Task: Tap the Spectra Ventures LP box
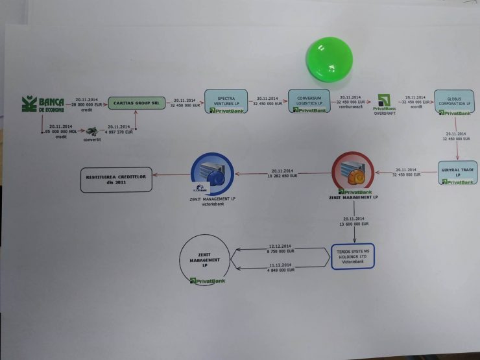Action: click(227, 101)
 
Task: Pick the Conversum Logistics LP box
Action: click(309, 101)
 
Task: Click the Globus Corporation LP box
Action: click(453, 102)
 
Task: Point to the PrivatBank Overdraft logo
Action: click(385, 104)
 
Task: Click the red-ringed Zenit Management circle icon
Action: click(352, 172)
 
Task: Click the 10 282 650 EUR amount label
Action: click(283, 176)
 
